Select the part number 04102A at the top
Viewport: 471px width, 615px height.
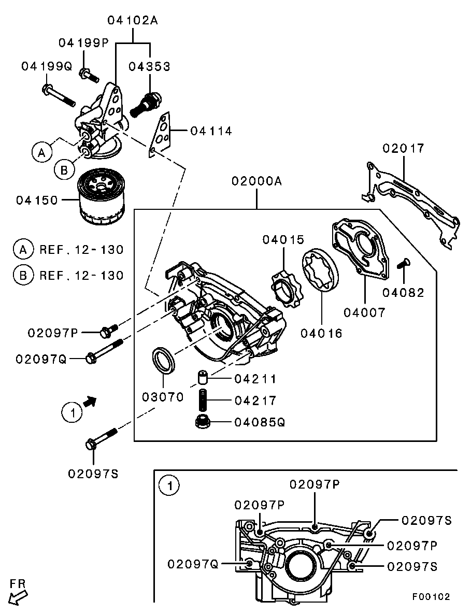133,21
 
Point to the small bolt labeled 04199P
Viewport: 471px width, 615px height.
89,76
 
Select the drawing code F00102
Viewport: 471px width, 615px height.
431,596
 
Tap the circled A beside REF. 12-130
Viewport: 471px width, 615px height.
23,249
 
